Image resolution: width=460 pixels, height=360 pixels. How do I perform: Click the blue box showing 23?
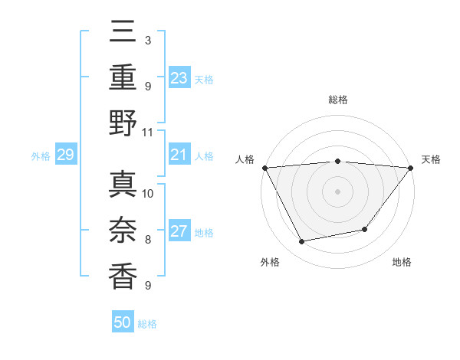pos(179,77)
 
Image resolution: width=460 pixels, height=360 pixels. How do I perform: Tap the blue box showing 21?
pos(179,155)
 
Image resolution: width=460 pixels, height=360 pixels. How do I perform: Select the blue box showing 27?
pos(179,232)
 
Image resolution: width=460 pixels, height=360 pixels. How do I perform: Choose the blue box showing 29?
pos(65,155)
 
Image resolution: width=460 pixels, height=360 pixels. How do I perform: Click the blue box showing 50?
pos(123,323)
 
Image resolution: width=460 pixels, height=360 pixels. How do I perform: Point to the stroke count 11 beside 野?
pos(147,132)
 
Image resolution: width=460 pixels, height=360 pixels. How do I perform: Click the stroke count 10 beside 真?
pos(148,193)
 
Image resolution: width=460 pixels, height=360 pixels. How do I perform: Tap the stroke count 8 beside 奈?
pos(148,239)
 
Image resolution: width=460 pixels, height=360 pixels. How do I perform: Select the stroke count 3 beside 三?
pos(148,39)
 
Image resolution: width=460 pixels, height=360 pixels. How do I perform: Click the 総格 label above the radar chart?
pos(337,100)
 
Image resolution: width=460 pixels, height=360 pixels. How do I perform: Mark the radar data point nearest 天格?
pos(411,168)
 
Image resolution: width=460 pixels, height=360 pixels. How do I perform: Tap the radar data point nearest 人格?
pos(264,168)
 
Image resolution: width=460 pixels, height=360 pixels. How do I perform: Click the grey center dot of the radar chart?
pos(337,191)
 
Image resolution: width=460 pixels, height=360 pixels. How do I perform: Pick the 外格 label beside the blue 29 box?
pos(41,156)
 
